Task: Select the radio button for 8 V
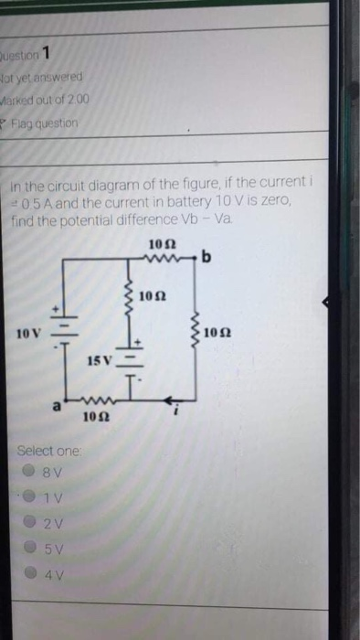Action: click(31, 474)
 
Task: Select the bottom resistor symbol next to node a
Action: click(91, 400)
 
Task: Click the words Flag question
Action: click(44, 122)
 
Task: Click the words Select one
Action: click(50, 451)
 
